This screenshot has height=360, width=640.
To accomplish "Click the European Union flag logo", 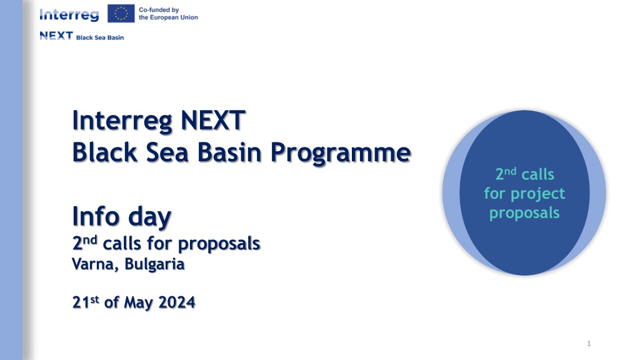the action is (121, 14).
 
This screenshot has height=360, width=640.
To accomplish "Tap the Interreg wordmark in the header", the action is (69, 15).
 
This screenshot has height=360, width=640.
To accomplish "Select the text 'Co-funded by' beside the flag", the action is (159, 10).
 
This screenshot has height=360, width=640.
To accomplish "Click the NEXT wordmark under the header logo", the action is (56, 36).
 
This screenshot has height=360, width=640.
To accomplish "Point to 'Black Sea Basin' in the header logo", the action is (100, 37).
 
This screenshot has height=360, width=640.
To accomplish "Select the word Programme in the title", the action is (341, 154).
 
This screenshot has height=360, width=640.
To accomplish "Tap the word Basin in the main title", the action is (229, 152).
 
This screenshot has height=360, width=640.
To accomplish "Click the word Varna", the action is (95, 264).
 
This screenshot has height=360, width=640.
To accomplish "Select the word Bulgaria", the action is (154, 264).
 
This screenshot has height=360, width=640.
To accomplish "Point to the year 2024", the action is (177, 302).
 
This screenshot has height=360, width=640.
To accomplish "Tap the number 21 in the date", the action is (81, 302).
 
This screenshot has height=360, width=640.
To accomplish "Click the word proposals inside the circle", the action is (524, 213).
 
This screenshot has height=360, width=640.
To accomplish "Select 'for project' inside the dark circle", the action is (524, 194).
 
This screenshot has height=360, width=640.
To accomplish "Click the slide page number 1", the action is (589, 344).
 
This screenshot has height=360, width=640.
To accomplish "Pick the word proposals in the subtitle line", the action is (219, 244).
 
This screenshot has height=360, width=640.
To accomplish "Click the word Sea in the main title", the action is (167, 152).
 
